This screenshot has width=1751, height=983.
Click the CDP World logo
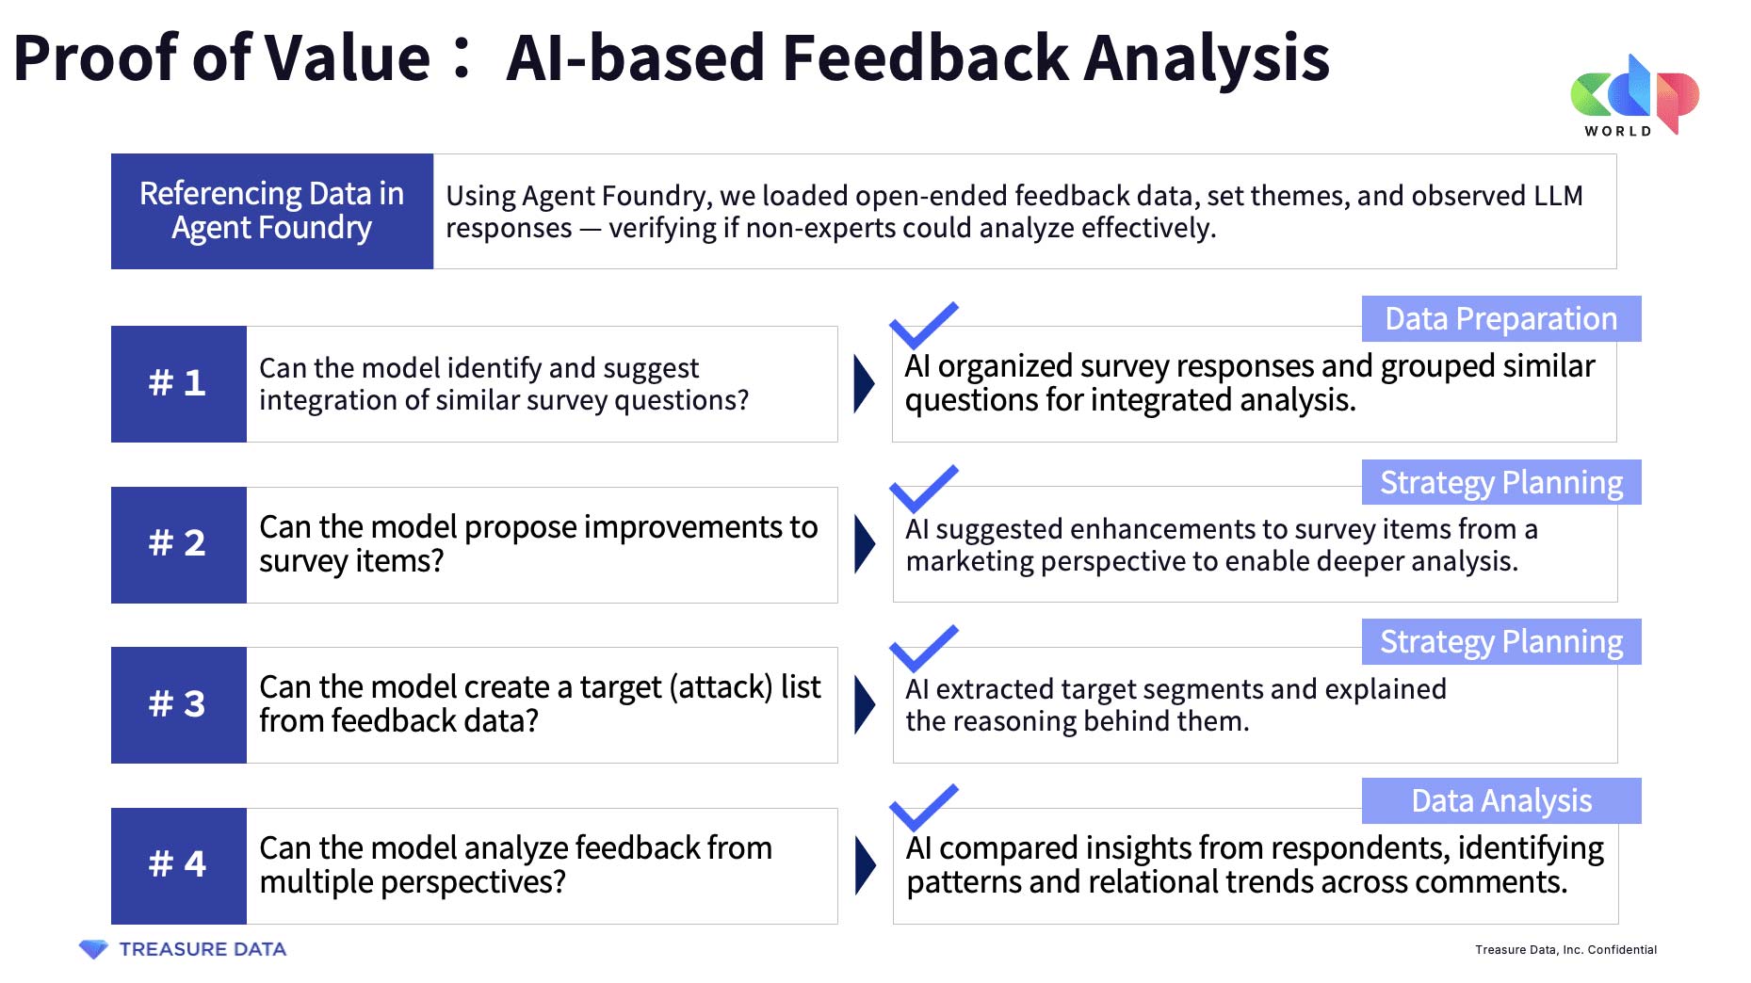point(1634,95)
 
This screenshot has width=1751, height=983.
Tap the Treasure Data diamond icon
point(93,949)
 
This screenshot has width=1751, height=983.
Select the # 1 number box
point(178,384)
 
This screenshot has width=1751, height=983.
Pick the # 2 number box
point(178,544)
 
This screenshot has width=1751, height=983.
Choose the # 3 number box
point(178,704)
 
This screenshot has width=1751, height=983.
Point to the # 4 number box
point(178,865)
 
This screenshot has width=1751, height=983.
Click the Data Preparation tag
point(1501,318)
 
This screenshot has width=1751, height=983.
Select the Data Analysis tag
point(1501,800)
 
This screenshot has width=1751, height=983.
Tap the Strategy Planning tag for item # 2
point(1501,482)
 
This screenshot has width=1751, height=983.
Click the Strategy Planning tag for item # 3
point(1501,641)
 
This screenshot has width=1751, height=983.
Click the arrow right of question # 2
point(864,544)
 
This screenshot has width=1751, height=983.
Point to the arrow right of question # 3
point(864,704)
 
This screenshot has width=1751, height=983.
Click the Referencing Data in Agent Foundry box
point(272,211)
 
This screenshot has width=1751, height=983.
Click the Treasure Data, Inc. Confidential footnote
point(1565,949)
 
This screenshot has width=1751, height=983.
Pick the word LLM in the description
point(1558,196)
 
